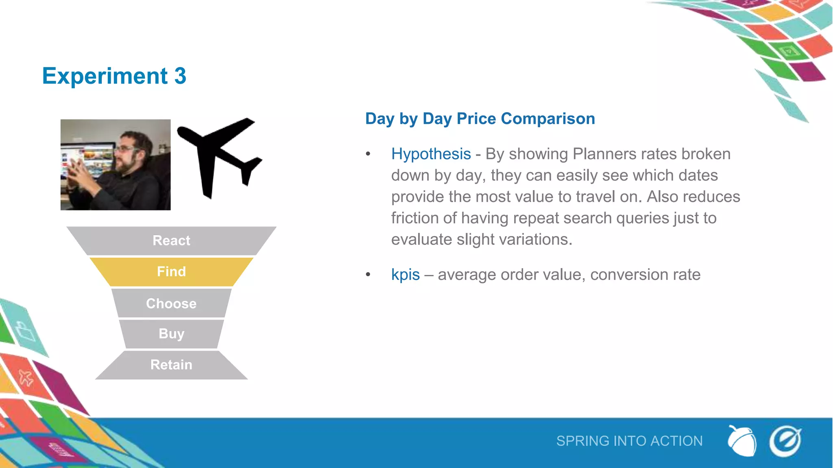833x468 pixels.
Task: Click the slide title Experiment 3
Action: (x=114, y=76)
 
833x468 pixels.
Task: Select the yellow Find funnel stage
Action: (x=171, y=271)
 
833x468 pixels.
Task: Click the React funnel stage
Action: (x=171, y=240)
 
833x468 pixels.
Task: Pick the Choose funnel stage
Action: (x=171, y=303)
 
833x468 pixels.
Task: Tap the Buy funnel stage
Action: (x=171, y=334)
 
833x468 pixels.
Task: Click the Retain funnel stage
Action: (x=171, y=365)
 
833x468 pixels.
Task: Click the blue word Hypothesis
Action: (x=431, y=154)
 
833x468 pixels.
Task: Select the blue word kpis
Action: (x=405, y=275)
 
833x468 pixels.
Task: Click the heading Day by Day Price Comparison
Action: (x=480, y=119)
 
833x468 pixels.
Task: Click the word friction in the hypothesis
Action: (x=415, y=218)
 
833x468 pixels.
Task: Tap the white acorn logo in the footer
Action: (x=742, y=441)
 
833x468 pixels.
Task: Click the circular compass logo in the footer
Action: (x=785, y=441)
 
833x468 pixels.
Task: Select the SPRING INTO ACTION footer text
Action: (x=629, y=441)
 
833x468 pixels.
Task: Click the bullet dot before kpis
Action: (x=368, y=275)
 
